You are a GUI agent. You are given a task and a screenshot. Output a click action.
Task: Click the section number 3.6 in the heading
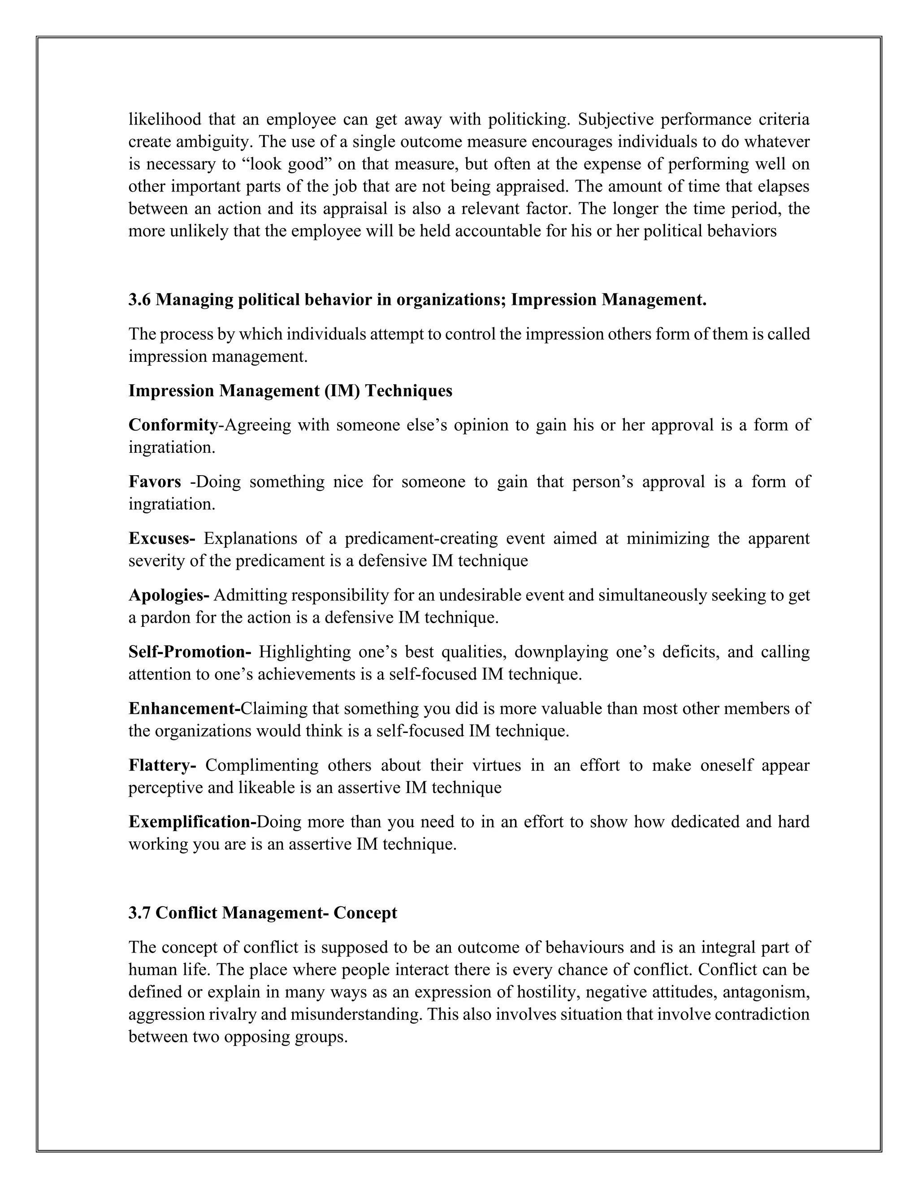coord(140,300)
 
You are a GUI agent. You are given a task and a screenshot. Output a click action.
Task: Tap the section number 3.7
coord(140,912)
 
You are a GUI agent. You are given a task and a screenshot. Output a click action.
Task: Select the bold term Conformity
coord(173,425)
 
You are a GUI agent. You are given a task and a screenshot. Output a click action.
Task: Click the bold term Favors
coord(155,481)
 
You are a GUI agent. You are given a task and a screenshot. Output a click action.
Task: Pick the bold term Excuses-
coord(161,538)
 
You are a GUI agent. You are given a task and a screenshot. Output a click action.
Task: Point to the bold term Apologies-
coord(169,595)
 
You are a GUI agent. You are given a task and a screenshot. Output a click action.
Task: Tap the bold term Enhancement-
coord(184,708)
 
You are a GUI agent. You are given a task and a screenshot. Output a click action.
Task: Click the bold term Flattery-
coord(162,765)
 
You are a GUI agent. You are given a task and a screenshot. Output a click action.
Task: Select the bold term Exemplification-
coord(192,821)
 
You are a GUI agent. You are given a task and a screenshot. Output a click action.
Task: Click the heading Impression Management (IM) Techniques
coord(290,390)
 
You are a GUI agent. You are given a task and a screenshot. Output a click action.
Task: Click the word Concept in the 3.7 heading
coord(365,912)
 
